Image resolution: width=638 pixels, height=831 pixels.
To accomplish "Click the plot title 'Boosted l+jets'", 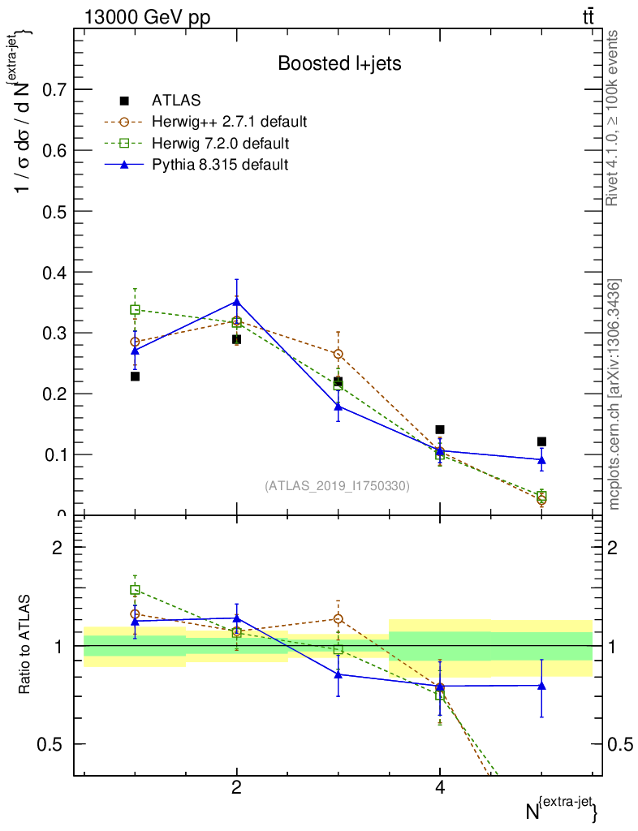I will tap(339, 63).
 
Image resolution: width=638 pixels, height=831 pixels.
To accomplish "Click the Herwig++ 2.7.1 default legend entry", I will tap(229, 123).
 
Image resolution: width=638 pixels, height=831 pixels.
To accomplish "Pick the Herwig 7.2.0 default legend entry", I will tap(220, 144).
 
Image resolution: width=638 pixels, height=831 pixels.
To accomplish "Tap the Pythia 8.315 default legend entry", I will tap(220, 165).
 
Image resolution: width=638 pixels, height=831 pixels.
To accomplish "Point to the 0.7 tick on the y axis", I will tap(50, 89).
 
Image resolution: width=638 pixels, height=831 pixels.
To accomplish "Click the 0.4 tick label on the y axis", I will tap(50, 272).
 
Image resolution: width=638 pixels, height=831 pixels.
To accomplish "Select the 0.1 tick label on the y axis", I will tap(50, 454).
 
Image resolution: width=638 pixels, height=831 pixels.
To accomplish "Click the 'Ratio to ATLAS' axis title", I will tap(25, 644).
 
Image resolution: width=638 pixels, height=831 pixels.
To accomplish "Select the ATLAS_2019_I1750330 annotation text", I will tap(337, 486).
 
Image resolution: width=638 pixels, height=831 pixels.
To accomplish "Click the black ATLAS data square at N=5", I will tap(541, 441).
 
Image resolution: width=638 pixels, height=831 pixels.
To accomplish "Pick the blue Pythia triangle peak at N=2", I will tap(236, 301).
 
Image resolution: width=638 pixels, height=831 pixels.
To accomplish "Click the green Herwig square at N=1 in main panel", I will tap(135, 310).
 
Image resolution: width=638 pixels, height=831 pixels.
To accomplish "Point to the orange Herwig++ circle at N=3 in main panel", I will tap(338, 354).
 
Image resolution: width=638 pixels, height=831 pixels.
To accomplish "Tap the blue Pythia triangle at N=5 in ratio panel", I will tap(541, 685).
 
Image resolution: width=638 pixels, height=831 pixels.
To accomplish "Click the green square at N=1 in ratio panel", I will tap(135, 590).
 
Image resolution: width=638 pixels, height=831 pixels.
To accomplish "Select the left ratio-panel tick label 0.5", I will tap(50, 744).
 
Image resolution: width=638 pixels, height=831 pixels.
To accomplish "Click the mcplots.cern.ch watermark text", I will tap(614, 394).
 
